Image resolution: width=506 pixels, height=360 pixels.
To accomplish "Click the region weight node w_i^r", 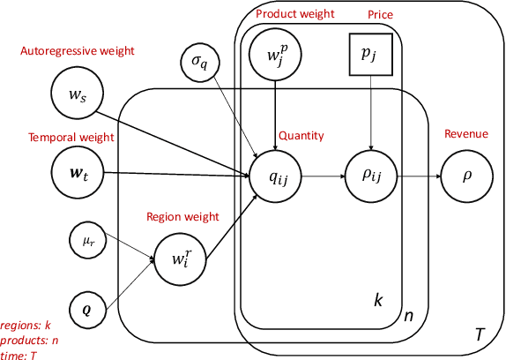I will tap(179, 258).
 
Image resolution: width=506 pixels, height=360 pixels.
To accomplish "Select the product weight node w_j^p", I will tap(276, 56).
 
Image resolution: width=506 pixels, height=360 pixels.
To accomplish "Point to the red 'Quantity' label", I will tap(302, 136).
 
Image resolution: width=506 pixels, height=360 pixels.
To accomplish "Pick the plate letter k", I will tap(379, 301).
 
